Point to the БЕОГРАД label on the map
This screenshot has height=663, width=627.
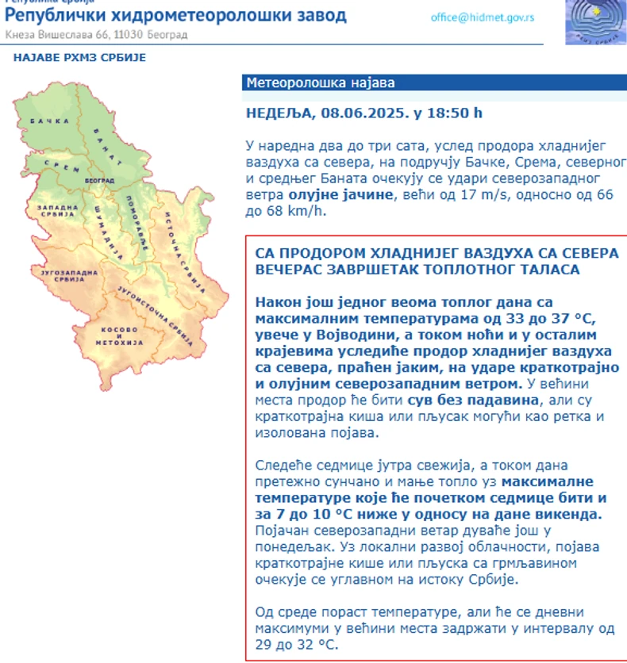[99, 182]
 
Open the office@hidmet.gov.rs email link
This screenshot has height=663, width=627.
[482, 16]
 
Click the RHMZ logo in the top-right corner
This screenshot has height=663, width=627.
[594, 21]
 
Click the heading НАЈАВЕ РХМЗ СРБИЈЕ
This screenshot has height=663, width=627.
[80, 57]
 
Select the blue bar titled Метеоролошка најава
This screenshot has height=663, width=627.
[433, 82]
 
